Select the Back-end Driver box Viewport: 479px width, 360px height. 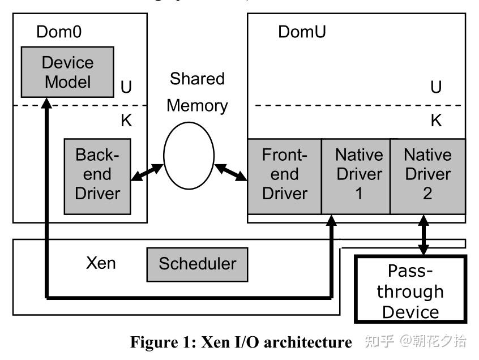tap(97, 175)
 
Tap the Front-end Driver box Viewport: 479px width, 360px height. tap(284, 175)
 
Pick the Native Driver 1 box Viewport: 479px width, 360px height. tap(356, 175)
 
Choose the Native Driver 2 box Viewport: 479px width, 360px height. tap(427, 175)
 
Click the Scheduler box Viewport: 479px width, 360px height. tap(197, 264)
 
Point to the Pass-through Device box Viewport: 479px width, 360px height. tap(410, 292)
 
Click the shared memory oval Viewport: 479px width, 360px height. tap(189, 156)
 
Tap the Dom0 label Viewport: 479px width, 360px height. tap(59, 32)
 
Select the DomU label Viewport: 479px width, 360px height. tap(302, 32)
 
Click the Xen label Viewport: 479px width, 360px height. tap(101, 264)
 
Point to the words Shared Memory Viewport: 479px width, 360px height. tap(197, 92)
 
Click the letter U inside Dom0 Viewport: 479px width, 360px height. tap(127, 88)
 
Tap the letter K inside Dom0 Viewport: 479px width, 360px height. tap(127, 121)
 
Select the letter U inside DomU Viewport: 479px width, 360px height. tap(435, 88)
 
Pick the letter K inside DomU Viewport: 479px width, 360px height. tap(435, 121)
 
